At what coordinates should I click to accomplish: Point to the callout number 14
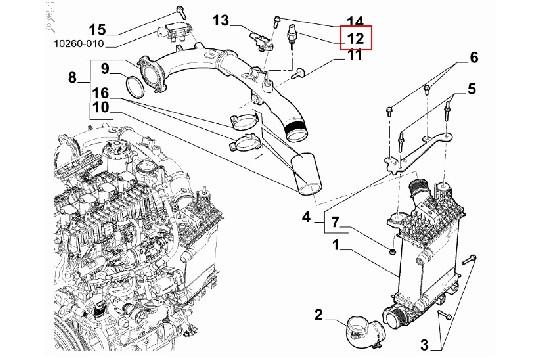[x=355, y=22]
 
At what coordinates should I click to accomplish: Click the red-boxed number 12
[x=355, y=39]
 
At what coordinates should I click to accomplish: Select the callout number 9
[x=105, y=69]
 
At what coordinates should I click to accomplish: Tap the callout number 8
[x=72, y=77]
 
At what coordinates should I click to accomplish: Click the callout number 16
[x=105, y=91]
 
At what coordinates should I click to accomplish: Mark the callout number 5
[x=473, y=90]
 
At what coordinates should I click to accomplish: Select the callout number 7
[x=337, y=221]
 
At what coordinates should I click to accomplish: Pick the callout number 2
[x=318, y=316]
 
